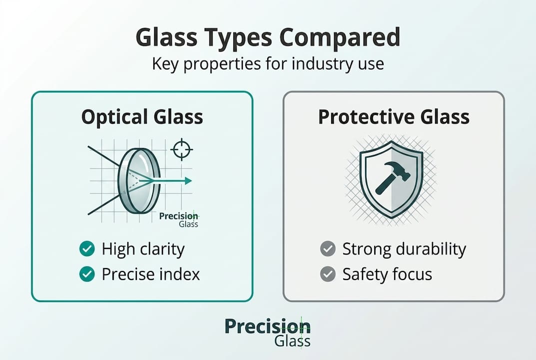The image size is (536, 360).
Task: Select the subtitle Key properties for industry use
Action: click(268, 64)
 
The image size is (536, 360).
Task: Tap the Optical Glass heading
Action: click(142, 117)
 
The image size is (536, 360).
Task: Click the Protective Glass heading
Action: click(394, 117)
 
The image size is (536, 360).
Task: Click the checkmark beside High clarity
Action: click(87, 249)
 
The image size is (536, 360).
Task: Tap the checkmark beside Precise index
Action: click(87, 274)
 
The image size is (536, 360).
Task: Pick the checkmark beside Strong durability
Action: click(328, 249)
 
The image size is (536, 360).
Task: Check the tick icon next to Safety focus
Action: click(328, 274)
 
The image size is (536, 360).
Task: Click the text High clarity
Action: click(143, 249)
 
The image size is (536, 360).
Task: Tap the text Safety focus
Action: click(387, 274)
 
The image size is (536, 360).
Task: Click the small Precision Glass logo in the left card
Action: click(179, 220)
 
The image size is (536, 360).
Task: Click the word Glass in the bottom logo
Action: click(292, 342)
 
